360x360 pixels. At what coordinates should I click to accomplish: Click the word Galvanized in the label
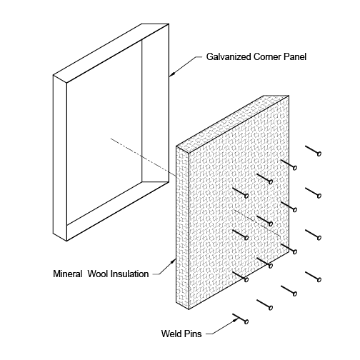[x=229, y=57]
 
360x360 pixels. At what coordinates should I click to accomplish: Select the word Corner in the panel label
[x=267, y=57]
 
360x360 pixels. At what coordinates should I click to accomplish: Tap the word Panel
[x=295, y=57]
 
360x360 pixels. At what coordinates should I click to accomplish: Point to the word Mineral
[x=68, y=274]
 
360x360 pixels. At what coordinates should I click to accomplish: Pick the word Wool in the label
[x=98, y=274]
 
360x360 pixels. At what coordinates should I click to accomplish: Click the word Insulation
[x=129, y=274]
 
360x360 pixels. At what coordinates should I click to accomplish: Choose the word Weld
[x=171, y=334]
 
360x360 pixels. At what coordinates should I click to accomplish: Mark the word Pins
[x=192, y=334]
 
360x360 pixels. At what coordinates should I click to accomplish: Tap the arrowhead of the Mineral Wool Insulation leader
[x=173, y=262]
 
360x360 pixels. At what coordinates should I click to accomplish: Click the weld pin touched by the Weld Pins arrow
[x=241, y=319]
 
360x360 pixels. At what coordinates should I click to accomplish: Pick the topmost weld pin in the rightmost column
[x=314, y=151]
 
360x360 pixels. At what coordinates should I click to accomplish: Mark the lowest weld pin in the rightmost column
[x=314, y=276]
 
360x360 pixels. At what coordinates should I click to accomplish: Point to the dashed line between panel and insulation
[x=143, y=157]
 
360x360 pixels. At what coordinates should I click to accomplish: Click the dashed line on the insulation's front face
[x=257, y=224]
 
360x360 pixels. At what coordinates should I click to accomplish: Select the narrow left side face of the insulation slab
[x=182, y=227]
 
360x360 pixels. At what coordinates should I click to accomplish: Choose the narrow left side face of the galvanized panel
[x=60, y=158]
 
